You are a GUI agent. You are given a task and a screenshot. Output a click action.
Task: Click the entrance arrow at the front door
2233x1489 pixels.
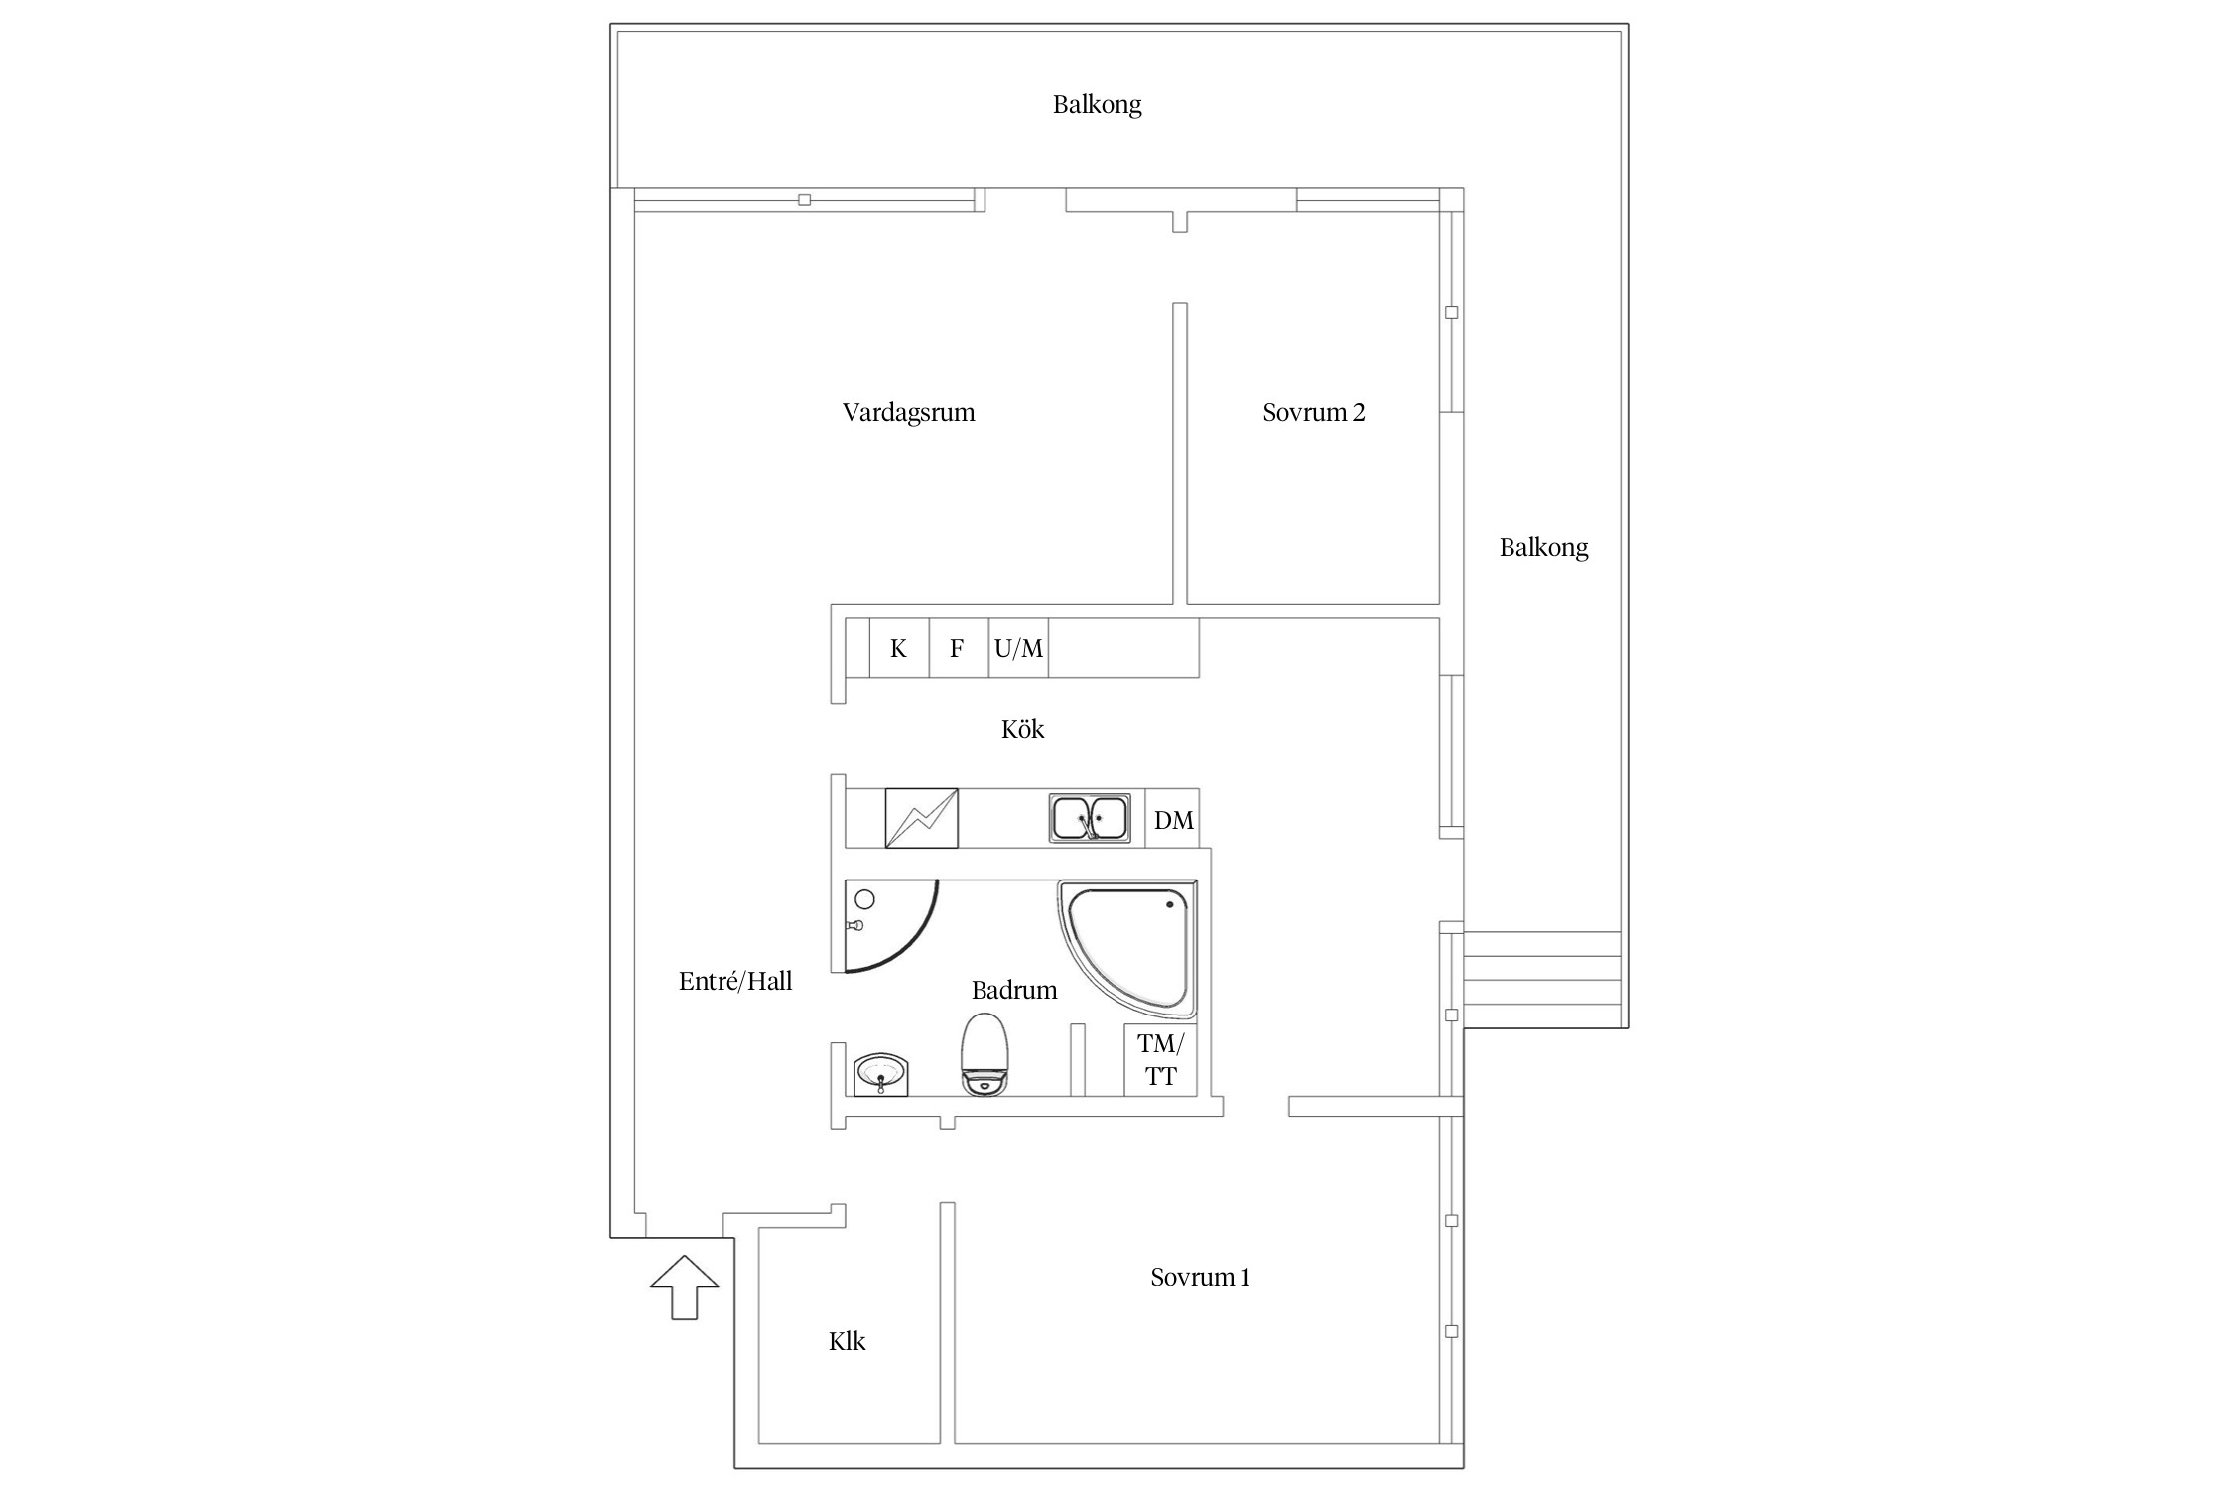point(685,1287)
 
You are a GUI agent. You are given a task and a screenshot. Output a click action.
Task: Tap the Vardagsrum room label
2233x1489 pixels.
point(909,413)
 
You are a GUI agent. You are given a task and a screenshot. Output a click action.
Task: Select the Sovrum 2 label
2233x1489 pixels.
point(1314,412)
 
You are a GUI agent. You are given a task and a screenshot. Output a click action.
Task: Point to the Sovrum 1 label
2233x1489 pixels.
point(1200,1277)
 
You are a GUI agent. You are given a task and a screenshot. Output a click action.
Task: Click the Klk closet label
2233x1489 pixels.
point(848,1341)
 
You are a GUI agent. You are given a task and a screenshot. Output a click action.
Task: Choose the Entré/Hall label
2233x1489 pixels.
point(735,981)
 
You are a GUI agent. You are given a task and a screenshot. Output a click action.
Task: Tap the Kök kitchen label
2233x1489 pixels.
point(1023,729)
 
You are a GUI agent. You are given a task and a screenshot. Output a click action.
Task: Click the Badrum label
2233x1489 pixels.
point(1014,990)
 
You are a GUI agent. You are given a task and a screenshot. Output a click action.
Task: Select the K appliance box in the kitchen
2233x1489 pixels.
point(899,648)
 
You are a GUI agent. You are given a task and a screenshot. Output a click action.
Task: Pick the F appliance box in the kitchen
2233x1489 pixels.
point(959,648)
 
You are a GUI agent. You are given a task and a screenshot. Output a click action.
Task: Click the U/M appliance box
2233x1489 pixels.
point(1018,648)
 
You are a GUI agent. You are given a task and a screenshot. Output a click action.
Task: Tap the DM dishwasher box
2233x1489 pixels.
point(1173,819)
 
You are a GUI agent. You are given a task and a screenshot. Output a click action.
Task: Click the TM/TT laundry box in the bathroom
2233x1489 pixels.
point(1160,1060)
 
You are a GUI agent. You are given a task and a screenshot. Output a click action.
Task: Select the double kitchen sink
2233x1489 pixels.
point(1090,818)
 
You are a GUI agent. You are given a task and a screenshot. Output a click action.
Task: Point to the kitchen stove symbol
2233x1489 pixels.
point(921,818)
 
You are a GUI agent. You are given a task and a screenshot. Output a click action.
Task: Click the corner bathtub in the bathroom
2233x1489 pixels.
point(1128,948)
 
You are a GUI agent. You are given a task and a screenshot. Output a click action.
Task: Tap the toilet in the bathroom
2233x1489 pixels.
point(985,1054)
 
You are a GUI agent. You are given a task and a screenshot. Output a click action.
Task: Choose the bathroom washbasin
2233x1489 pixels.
point(881,1074)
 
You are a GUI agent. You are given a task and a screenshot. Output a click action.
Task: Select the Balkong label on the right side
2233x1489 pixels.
point(1543,547)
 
